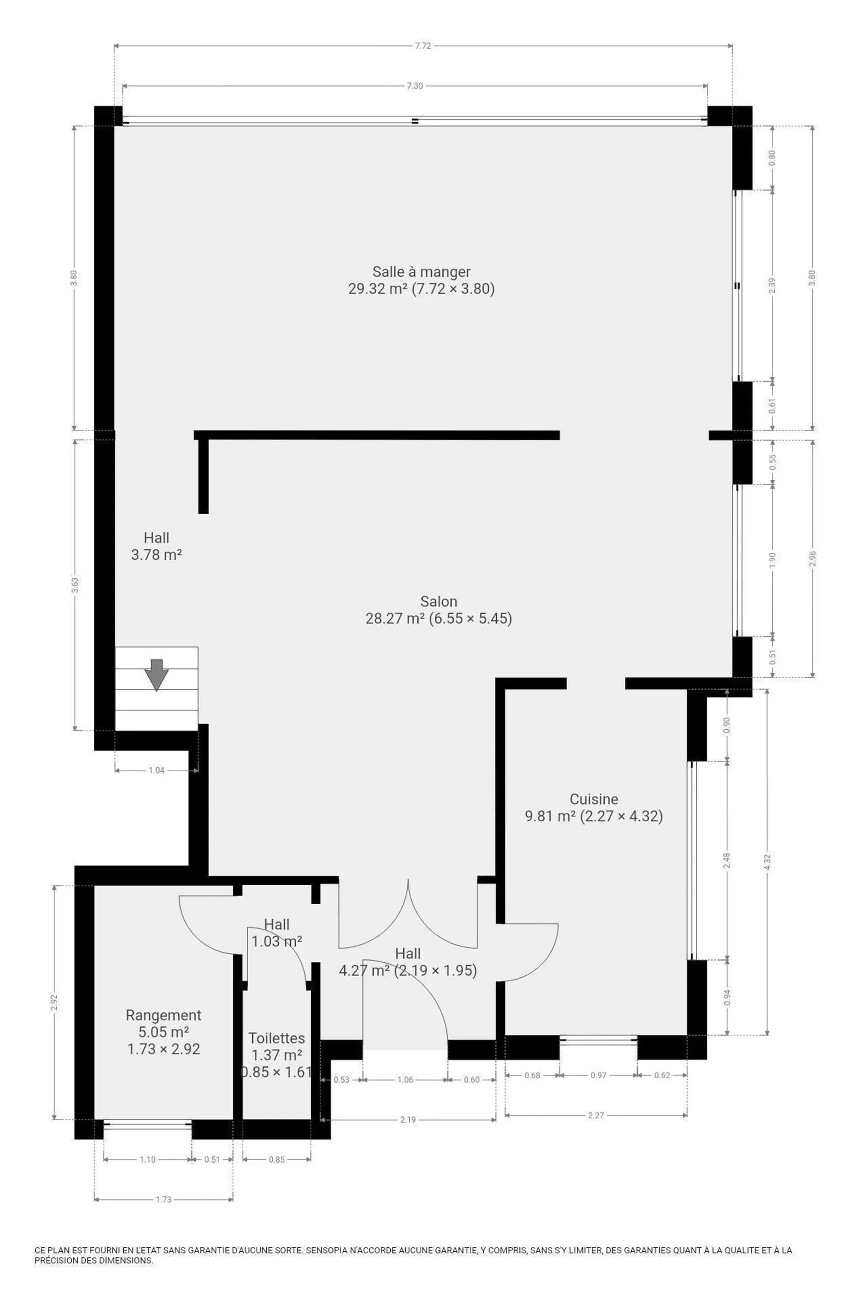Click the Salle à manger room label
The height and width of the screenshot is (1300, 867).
click(x=421, y=272)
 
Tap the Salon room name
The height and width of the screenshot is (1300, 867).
click(x=438, y=601)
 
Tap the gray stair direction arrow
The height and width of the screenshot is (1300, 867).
click(x=157, y=674)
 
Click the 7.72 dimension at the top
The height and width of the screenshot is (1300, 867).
click(x=423, y=46)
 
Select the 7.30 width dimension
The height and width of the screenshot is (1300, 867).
click(x=415, y=86)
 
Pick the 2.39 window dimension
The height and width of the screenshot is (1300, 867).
click(x=773, y=285)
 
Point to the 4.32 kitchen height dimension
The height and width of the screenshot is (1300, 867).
click(x=767, y=862)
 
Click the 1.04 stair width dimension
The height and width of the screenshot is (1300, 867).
click(x=157, y=770)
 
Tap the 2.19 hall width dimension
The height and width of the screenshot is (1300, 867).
click(x=408, y=1119)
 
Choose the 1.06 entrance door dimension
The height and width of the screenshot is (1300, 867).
click(x=406, y=1079)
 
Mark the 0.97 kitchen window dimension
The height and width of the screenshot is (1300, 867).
click(x=598, y=1075)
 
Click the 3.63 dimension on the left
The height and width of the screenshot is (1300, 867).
click(x=75, y=585)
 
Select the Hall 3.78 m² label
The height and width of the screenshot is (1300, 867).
click(x=157, y=546)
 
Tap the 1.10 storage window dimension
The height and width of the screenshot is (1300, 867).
click(x=148, y=1160)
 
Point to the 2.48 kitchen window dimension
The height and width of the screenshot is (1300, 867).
click(x=727, y=860)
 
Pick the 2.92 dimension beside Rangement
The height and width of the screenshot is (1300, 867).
click(x=54, y=1002)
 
